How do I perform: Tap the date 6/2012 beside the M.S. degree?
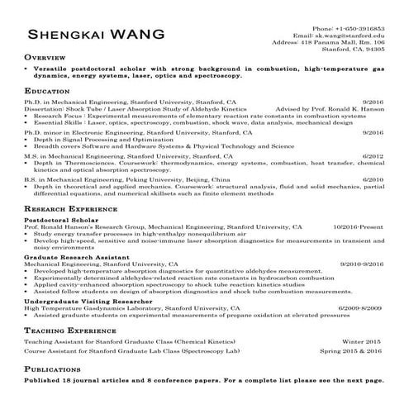tap(373, 155)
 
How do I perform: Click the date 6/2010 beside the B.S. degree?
tap(373, 178)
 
